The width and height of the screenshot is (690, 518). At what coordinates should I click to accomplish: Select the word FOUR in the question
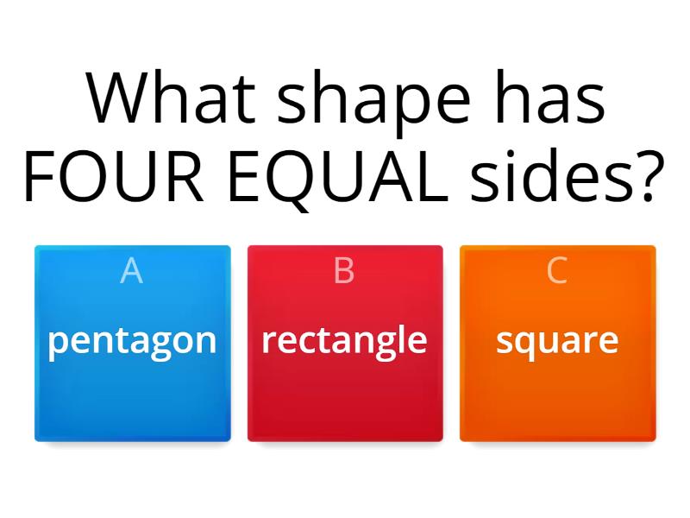tap(104, 177)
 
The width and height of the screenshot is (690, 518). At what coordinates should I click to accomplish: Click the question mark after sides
tap(649, 177)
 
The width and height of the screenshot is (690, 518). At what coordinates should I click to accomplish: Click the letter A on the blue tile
tap(132, 271)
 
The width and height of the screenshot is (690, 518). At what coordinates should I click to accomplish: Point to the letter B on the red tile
tap(344, 271)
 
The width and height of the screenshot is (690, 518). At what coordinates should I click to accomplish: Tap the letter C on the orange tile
tap(557, 271)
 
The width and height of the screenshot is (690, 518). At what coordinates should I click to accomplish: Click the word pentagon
tap(132, 341)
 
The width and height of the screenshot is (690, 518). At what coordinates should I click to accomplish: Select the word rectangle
tap(344, 340)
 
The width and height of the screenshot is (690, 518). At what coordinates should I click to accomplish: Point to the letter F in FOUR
tap(40, 177)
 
